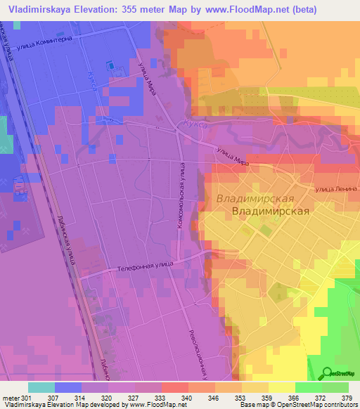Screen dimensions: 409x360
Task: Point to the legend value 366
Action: coord(282,397)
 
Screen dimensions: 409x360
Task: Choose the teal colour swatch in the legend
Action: coord(41,387)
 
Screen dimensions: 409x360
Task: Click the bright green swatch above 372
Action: coord(308,387)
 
